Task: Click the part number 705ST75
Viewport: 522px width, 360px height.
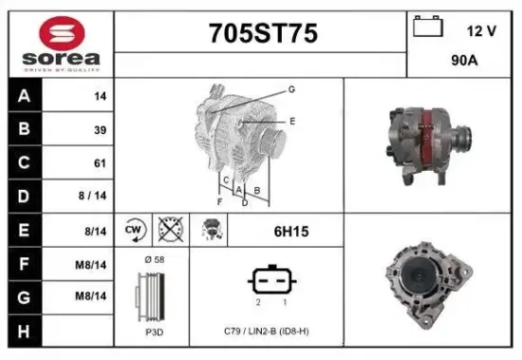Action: tap(263, 34)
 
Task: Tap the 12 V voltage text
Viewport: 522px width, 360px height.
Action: tap(481, 30)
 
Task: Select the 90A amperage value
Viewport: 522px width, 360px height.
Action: tap(464, 60)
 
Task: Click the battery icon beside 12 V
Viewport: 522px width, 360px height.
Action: tap(426, 28)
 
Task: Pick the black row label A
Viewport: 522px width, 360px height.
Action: tap(24, 96)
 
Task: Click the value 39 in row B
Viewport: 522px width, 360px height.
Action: tap(100, 130)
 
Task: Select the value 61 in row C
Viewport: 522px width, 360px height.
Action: tap(100, 163)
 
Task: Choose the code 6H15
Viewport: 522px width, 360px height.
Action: tap(290, 231)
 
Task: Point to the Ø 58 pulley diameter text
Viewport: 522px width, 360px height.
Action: tap(153, 259)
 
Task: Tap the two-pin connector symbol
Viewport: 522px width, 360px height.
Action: tap(272, 280)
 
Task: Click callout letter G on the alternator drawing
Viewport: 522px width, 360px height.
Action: tap(291, 88)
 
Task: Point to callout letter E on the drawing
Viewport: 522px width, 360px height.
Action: tap(292, 121)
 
